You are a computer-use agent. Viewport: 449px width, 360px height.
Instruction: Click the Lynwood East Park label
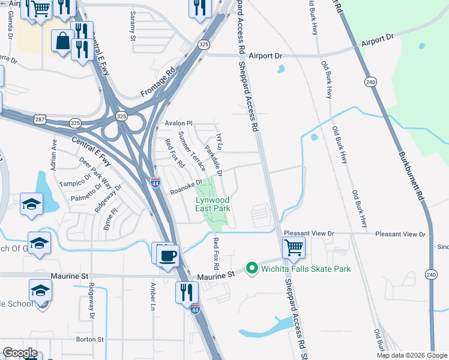tap(212, 204)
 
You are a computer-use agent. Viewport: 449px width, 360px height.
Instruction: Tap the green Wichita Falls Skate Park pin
tap(252, 268)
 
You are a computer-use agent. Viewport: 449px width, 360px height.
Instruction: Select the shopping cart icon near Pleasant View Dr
tap(294, 247)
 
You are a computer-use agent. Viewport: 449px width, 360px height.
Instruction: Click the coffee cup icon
tap(167, 254)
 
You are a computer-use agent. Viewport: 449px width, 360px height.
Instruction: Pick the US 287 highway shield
tap(40, 119)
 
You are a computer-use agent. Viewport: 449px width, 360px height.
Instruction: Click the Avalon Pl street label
tap(178, 124)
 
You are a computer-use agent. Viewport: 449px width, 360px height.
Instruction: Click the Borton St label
tap(90, 339)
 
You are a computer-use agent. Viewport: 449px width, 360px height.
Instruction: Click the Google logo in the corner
tap(20, 353)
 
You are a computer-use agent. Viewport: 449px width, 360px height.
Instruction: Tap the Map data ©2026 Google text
tap(412, 355)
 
